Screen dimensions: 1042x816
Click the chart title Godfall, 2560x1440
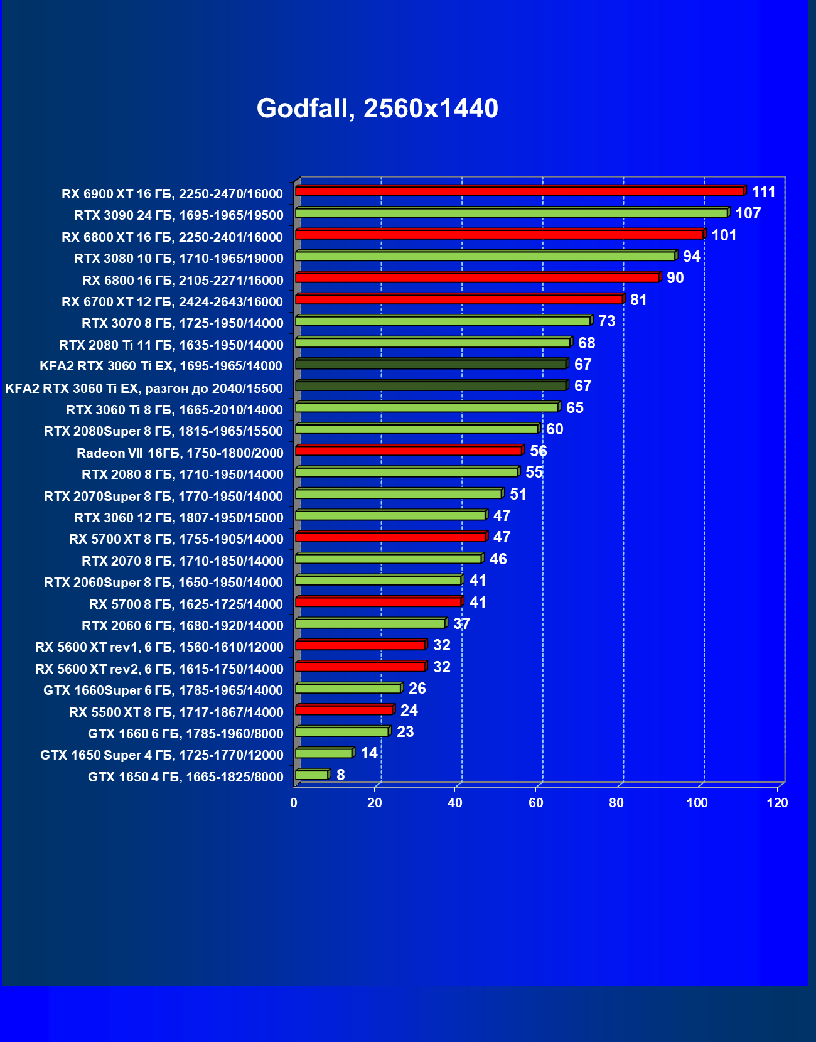tap(377, 109)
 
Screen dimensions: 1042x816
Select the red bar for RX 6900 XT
tap(520, 191)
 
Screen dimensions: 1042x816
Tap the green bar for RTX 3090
tap(512, 213)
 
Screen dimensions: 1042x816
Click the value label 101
tap(724, 235)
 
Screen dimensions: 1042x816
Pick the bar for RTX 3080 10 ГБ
tap(485, 256)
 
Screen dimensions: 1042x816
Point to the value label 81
tap(638, 300)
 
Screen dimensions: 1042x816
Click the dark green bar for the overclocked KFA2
tap(431, 386)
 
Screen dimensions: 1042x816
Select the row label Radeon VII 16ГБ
tap(180, 453)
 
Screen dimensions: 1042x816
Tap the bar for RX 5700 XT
tap(390, 537)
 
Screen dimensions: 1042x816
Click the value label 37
tap(461, 624)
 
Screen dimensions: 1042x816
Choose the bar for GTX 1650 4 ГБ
tap(312, 775)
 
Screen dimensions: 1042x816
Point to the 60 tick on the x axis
tap(535, 803)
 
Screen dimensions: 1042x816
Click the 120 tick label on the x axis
tap(777, 803)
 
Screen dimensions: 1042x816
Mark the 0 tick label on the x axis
tap(294, 803)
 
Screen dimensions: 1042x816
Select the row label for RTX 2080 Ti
tap(171, 345)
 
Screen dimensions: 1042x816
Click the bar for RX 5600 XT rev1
tap(360, 645)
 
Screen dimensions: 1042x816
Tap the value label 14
tap(369, 753)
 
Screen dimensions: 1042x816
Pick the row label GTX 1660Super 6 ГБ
tap(163, 690)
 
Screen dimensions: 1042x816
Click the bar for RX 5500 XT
tap(344, 710)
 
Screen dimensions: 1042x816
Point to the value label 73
tap(606, 321)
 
